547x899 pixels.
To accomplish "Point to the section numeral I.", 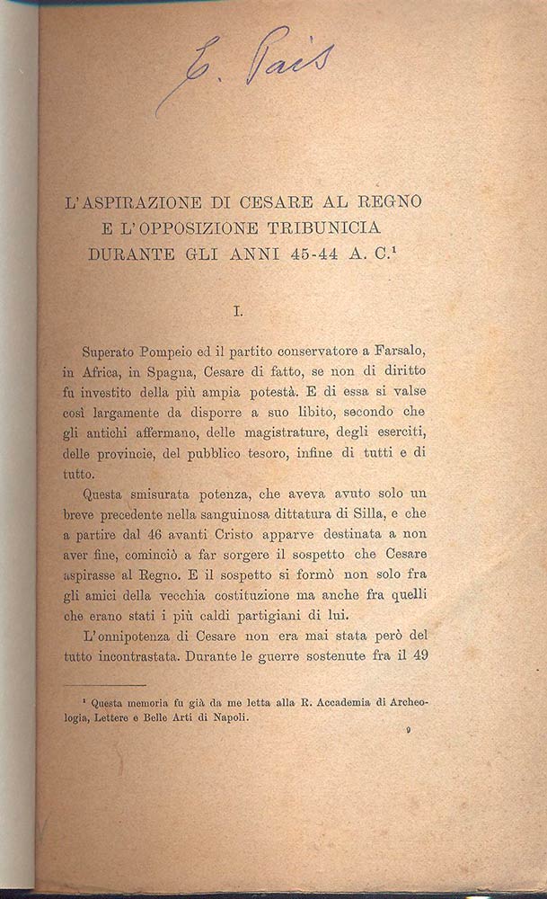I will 238,312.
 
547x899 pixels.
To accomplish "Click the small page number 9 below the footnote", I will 409,733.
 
